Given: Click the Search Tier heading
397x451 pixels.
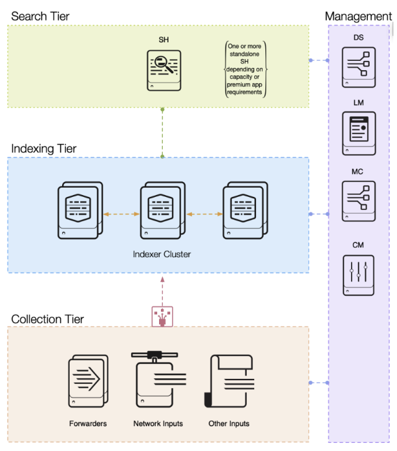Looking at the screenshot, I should coord(40,15).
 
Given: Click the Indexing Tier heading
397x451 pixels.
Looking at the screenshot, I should coord(44,148).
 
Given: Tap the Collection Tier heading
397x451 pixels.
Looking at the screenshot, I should coord(47,319).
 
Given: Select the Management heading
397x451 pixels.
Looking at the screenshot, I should coord(358,16).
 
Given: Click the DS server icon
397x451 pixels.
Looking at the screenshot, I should coord(358,66).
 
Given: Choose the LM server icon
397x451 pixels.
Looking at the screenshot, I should coord(358,133).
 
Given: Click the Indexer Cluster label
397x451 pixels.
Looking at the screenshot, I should coord(162,254).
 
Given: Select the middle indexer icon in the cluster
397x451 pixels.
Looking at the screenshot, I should coord(162,209).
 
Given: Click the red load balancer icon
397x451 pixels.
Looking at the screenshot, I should coord(162,316).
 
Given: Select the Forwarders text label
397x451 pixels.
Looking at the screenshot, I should coord(88,424).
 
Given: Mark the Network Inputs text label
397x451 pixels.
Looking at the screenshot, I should coord(158,424).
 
